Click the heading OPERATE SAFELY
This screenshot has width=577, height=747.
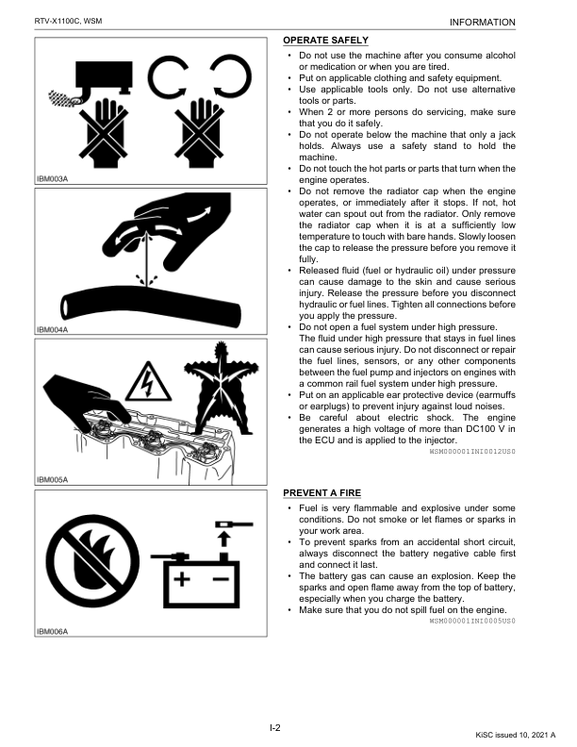[326, 41]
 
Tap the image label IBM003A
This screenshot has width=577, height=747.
[52, 177]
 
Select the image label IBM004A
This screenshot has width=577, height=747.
[52, 330]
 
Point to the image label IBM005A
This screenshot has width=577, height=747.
[52, 479]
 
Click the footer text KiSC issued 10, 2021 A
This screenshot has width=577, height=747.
[516, 733]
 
